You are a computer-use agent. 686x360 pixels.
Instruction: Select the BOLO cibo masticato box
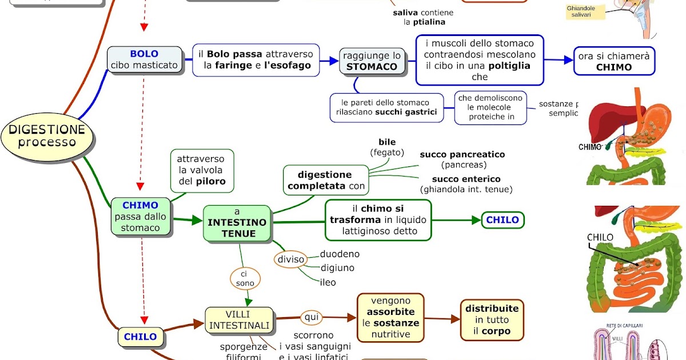pyautogui.click(x=145, y=59)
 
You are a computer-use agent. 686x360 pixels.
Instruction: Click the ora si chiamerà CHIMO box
pyautogui.click(x=614, y=61)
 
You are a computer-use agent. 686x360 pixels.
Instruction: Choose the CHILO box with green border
pyautogui.click(x=502, y=219)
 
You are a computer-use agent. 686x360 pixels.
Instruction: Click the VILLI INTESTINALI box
pyautogui.click(x=239, y=319)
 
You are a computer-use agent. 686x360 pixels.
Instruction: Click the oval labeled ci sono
pyautogui.click(x=245, y=279)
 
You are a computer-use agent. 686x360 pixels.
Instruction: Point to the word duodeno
pyautogui.click(x=340, y=254)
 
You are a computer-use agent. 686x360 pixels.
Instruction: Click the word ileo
pyautogui.click(x=328, y=282)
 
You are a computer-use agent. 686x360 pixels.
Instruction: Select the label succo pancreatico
pyautogui.click(x=462, y=154)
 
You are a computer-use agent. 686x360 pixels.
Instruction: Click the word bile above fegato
pyautogui.click(x=387, y=142)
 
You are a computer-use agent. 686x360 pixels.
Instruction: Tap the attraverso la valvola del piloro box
pyautogui.click(x=201, y=170)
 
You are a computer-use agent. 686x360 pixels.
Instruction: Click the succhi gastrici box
pyautogui.click(x=386, y=107)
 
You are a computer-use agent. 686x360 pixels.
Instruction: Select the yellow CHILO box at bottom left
pyautogui.click(x=140, y=337)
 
